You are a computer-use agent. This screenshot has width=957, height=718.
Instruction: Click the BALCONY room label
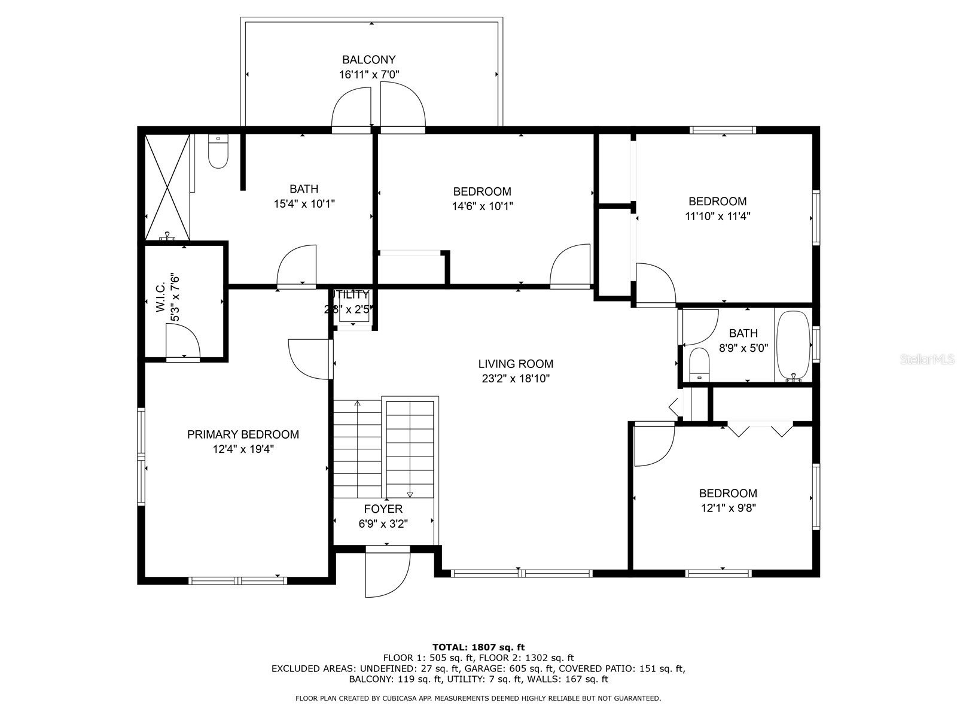(x=369, y=60)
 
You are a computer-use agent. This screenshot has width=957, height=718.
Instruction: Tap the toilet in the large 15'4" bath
(x=218, y=153)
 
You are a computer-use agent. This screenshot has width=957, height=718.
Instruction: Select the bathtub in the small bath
(x=793, y=345)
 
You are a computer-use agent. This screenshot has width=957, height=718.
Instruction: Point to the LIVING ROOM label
(x=516, y=364)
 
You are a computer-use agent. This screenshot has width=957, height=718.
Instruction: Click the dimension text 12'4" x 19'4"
(x=243, y=449)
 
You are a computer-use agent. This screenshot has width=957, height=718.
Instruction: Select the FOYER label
(x=383, y=509)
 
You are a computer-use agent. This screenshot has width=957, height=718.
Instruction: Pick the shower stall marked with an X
(x=167, y=187)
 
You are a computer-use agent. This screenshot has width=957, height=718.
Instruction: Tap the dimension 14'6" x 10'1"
(x=482, y=206)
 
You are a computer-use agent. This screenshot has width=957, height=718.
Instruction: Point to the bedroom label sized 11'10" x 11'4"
(x=717, y=202)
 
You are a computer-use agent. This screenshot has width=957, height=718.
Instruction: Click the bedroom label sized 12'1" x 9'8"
(x=728, y=494)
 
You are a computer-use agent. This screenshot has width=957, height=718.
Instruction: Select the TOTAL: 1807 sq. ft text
(x=478, y=647)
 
